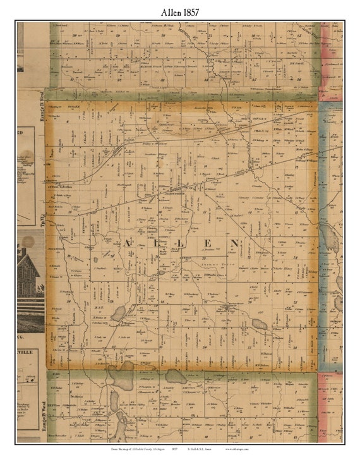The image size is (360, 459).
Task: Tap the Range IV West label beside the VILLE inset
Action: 42,408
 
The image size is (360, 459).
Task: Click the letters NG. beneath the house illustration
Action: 24,340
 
